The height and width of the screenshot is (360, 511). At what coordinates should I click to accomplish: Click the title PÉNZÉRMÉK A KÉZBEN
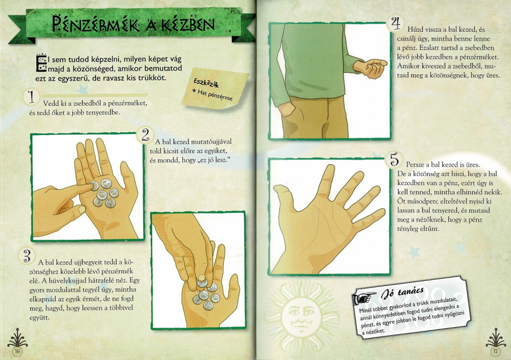point(133,24)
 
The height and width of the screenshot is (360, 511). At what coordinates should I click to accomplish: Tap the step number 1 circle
point(31,98)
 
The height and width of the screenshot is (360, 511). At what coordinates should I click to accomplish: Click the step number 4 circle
point(396,24)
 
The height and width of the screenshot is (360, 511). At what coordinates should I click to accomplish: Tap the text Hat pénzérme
point(212,95)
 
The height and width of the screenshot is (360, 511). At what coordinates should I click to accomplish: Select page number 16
point(17,351)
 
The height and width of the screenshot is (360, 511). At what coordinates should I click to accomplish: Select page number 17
point(495,351)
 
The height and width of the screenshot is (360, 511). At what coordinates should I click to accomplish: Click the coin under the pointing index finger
point(94,186)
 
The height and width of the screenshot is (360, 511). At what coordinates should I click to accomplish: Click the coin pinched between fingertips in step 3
point(202,282)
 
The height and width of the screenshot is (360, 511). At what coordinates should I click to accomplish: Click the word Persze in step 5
point(415,164)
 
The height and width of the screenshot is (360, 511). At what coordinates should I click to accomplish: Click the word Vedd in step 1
point(50,103)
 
